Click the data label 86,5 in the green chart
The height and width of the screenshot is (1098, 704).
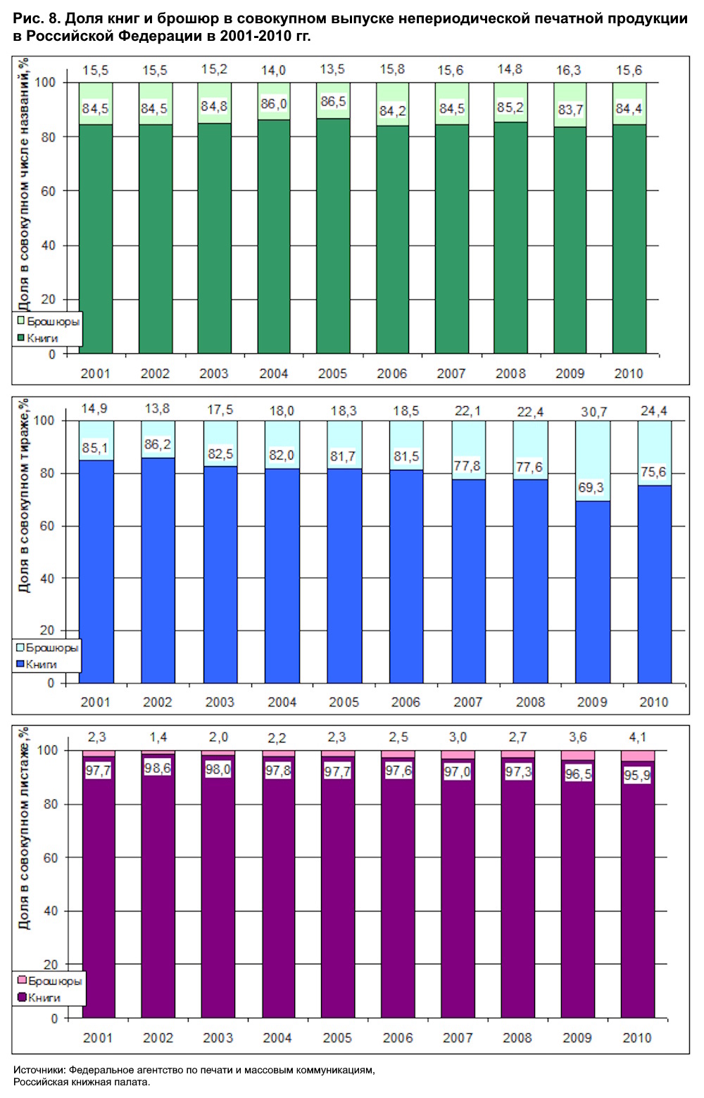pos(333,101)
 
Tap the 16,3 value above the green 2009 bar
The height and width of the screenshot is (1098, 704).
pos(569,70)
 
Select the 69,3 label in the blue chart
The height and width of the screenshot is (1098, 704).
pos(592,487)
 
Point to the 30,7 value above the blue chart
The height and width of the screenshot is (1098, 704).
pos(593,412)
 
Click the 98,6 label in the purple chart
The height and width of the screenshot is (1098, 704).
pos(157,768)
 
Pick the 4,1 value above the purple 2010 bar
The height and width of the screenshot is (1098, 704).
pos(637,737)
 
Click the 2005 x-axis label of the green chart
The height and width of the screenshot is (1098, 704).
pos(332,374)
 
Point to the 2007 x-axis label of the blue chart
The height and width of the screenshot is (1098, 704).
pos(467,702)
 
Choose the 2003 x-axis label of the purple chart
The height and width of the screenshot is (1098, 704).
pos(218,1037)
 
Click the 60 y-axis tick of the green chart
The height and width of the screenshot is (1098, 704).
pos(48,191)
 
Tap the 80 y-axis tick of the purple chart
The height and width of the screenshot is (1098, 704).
pos(50,804)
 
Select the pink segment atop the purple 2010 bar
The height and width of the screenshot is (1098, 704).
pos(638,756)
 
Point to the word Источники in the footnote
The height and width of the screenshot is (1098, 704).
pos(39,1070)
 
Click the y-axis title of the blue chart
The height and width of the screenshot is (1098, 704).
pos(25,496)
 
